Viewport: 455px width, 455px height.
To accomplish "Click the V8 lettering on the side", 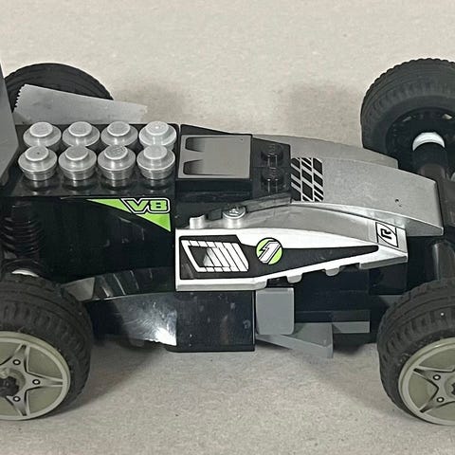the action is tap(146, 206).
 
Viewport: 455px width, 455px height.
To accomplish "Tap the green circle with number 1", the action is tap(268, 250).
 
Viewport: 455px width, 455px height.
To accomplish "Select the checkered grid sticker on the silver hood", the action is tap(307, 179).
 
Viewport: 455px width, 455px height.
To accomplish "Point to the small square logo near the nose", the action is tap(386, 234).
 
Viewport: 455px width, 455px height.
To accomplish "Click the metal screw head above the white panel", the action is tap(233, 211).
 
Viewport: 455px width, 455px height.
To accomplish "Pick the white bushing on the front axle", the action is tap(428, 141).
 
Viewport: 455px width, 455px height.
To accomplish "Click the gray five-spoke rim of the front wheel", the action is tap(430, 380).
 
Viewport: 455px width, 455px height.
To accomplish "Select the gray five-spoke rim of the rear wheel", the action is tap(31, 375).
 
